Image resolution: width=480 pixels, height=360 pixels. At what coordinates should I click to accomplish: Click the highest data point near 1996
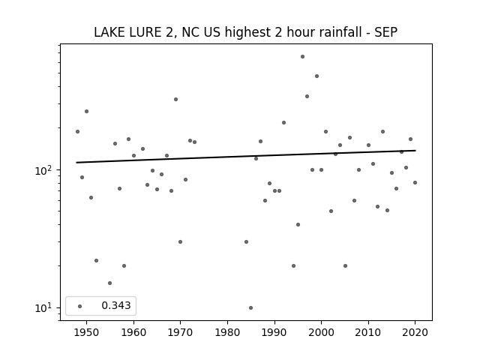point(302,57)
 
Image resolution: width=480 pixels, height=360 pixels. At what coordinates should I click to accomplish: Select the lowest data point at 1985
point(250,307)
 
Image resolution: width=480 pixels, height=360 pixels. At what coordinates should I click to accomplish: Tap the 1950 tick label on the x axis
point(87,332)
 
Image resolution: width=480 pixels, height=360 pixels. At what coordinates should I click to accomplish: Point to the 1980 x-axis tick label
point(227,332)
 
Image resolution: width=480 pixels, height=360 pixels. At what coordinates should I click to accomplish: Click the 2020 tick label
point(415,332)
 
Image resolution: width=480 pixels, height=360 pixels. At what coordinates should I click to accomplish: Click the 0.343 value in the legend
point(116,305)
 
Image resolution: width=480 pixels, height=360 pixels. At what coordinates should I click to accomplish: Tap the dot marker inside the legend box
point(80,306)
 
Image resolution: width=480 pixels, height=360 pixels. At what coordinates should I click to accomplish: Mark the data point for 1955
point(110,283)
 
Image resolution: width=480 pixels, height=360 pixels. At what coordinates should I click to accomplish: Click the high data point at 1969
point(175,99)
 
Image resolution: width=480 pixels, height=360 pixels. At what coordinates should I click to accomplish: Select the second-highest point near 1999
point(316,76)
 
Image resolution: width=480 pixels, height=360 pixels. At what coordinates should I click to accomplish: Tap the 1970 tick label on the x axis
point(180,332)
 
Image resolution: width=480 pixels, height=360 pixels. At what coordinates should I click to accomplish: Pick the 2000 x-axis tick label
point(321,332)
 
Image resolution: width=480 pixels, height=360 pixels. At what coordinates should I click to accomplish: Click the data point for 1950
point(87,112)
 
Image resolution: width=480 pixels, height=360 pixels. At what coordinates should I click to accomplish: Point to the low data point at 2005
point(345,265)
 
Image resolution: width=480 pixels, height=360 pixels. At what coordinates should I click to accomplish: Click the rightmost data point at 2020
point(415,182)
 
